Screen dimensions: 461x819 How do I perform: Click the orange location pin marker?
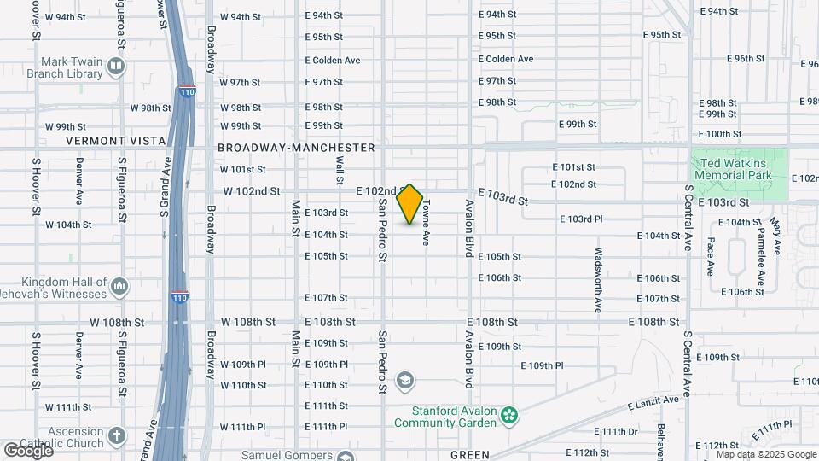(x=410, y=204)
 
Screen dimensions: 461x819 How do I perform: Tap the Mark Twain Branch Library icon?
(x=118, y=67)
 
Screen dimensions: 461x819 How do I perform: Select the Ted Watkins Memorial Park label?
(x=733, y=168)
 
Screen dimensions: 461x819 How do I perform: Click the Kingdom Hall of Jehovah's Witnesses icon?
(x=120, y=285)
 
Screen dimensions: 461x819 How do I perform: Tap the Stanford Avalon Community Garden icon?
(x=510, y=416)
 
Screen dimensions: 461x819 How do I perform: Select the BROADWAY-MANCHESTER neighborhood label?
(x=296, y=148)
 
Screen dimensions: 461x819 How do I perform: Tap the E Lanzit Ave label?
(x=653, y=401)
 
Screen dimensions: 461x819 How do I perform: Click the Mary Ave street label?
(x=775, y=236)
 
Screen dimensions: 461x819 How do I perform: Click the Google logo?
(x=28, y=450)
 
